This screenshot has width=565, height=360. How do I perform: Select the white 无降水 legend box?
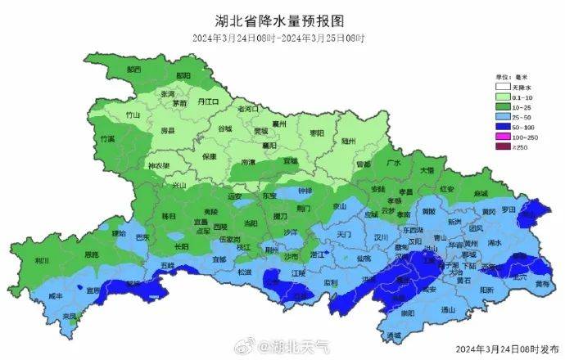pos(501,86)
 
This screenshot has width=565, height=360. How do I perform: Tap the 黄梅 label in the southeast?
pos(541,283)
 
